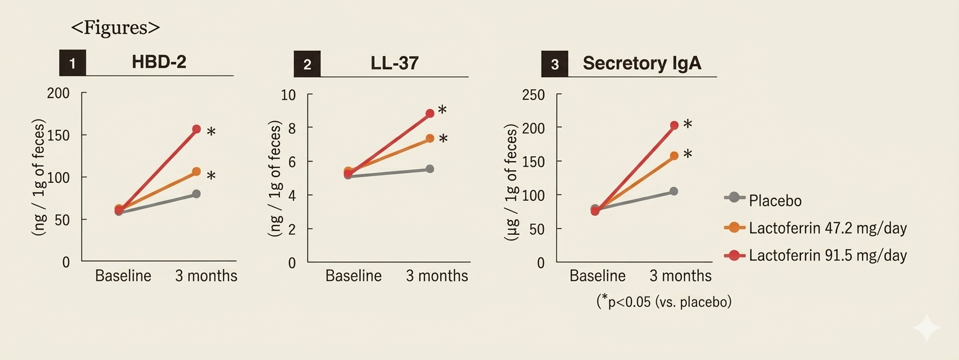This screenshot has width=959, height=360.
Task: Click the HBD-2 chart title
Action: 159,62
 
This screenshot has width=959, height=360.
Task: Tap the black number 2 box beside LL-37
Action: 307,64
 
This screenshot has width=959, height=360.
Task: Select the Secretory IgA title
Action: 642,63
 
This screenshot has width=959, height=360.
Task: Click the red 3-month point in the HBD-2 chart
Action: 197,129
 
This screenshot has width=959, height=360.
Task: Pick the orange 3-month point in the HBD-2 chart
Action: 197,171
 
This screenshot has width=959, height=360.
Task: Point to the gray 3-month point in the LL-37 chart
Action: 430,169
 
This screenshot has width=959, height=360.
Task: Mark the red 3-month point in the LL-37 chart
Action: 430,114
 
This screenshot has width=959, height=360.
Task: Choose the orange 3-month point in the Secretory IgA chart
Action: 674,156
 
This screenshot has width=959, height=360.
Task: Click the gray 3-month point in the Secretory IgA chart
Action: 674,191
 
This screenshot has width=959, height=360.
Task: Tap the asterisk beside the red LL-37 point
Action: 442,110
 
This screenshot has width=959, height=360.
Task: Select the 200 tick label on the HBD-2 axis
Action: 58,93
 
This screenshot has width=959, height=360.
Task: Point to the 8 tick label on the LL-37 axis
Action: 292,128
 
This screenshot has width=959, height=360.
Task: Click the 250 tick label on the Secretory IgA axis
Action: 533,95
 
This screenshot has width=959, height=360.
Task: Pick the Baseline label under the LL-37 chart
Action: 353,276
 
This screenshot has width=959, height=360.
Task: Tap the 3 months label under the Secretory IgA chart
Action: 680,276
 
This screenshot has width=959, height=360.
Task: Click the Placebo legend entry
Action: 774,201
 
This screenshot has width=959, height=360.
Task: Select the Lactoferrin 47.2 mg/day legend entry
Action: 828,228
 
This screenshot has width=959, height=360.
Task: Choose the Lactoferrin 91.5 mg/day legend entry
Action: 828,256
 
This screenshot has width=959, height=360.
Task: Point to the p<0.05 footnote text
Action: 664,302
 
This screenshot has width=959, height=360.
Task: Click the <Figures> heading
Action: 115,28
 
